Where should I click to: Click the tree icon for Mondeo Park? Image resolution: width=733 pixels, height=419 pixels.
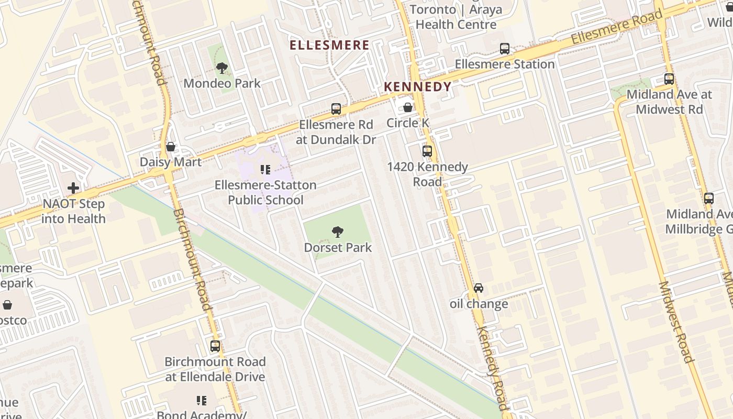tap(222, 68)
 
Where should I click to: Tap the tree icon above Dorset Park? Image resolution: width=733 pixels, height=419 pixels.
tap(338, 232)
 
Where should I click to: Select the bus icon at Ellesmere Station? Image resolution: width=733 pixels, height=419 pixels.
tap(505, 49)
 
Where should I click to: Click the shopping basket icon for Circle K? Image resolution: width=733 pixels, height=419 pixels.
tap(408, 107)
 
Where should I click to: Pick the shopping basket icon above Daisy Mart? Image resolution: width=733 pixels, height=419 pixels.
tap(170, 147)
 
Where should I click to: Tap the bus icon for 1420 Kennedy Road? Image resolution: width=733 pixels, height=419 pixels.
tap(427, 151)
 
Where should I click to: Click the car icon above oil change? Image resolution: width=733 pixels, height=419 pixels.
tap(479, 288)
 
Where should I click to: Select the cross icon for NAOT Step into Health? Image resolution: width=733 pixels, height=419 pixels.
tap(73, 188)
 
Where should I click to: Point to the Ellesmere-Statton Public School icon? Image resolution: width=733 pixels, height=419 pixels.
tap(265, 170)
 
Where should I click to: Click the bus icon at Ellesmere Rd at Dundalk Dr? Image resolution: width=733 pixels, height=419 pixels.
tap(336, 109)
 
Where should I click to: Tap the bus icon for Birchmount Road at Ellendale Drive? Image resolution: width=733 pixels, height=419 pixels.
tap(215, 346)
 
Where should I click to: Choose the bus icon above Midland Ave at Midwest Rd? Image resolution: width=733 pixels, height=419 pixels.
tap(669, 79)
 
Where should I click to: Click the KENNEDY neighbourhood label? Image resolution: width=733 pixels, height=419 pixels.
tap(417, 87)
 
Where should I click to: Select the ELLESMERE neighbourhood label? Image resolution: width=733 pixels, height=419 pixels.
tap(330, 46)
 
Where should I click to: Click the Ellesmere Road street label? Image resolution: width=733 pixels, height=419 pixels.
tap(616, 27)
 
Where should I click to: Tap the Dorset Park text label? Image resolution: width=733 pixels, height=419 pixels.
tap(338, 247)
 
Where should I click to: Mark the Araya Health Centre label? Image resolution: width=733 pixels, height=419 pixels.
tap(456, 17)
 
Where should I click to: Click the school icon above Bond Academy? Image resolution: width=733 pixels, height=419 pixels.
tap(202, 401)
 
